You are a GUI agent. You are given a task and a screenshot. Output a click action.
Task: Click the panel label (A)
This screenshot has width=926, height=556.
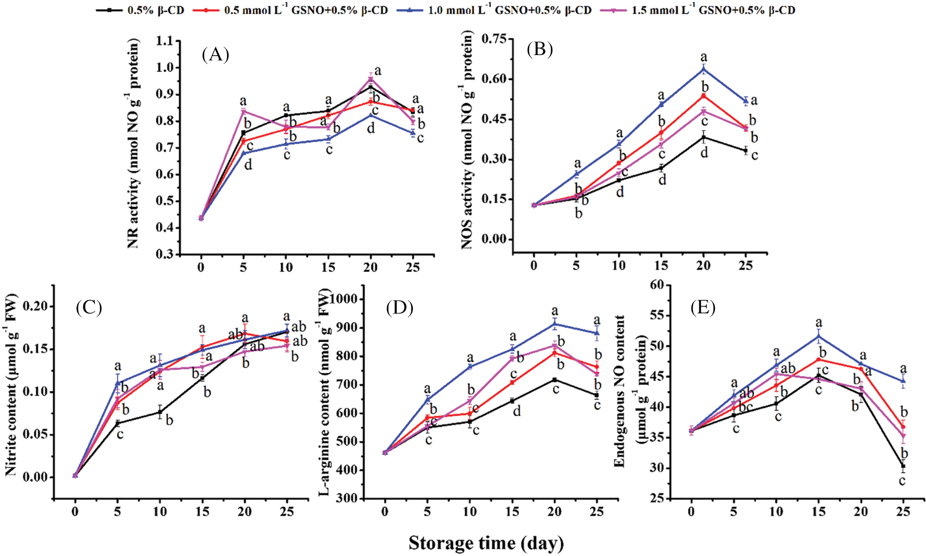[215, 55]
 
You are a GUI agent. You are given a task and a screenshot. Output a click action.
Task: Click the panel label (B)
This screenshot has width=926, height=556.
[540, 50]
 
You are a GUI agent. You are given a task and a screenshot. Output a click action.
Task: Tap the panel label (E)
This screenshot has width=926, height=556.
[702, 307]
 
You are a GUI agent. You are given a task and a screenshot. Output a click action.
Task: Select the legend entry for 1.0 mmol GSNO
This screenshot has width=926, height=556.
[509, 10]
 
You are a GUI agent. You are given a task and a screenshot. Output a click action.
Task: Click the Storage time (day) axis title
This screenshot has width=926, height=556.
[486, 543]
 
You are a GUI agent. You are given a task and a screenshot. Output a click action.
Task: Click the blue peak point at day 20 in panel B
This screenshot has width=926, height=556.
[703, 69]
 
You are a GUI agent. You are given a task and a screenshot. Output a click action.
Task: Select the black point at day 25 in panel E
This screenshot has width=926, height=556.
[903, 466]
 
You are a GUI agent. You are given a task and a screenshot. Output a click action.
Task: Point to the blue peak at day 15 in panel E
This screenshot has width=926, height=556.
[819, 336]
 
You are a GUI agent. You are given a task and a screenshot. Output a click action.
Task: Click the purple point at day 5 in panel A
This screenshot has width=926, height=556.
[243, 111]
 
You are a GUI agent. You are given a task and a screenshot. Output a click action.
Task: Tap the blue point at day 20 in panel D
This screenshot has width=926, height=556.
[554, 324]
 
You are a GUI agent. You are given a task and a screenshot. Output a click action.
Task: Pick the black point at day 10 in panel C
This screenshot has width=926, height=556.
[159, 412]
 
